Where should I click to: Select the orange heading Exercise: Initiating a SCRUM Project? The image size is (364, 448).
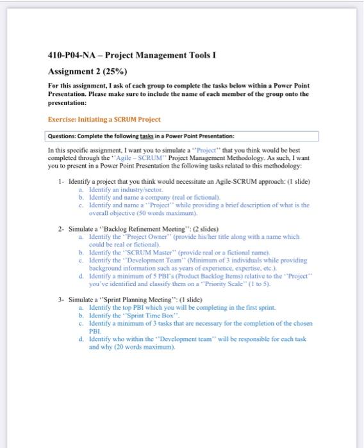pos(104,120)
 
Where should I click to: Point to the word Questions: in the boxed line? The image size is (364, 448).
pos(63,136)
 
